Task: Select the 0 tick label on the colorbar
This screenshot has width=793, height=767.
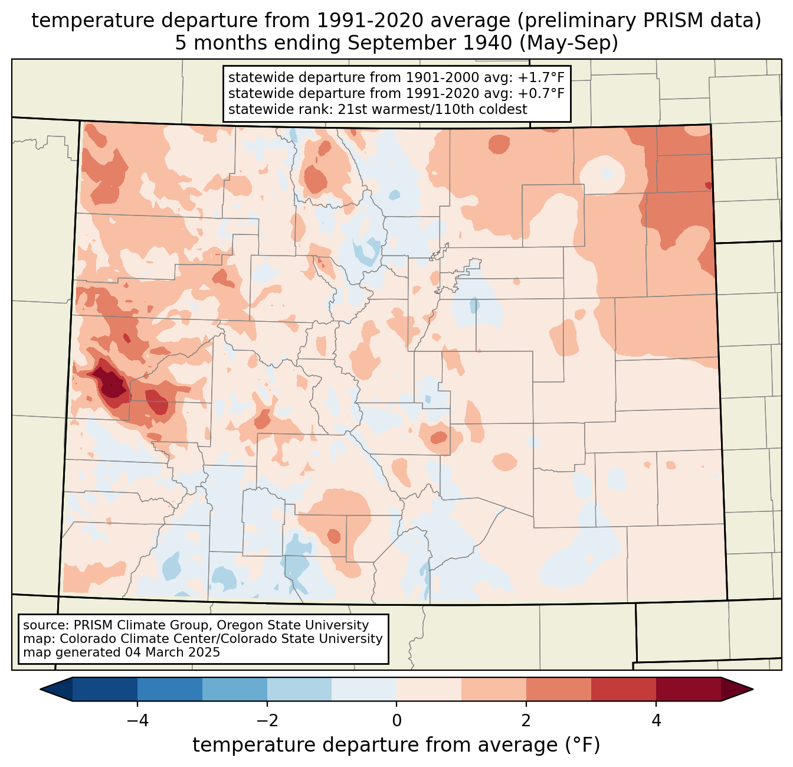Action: click(396, 720)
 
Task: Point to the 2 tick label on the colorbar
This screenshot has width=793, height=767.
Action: click(526, 720)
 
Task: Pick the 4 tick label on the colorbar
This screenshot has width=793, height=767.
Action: click(656, 720)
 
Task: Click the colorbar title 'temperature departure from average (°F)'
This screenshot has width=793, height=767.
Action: click(396, 745)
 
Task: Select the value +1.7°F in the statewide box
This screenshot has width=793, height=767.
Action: click(541, 78)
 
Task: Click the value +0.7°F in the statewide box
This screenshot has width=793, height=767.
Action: click(541, 93)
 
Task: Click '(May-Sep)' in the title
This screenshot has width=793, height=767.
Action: click(571, 43)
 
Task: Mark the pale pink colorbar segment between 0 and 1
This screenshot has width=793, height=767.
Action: click(429, 689)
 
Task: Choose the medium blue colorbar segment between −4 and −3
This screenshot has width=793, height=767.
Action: click(170, 689)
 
